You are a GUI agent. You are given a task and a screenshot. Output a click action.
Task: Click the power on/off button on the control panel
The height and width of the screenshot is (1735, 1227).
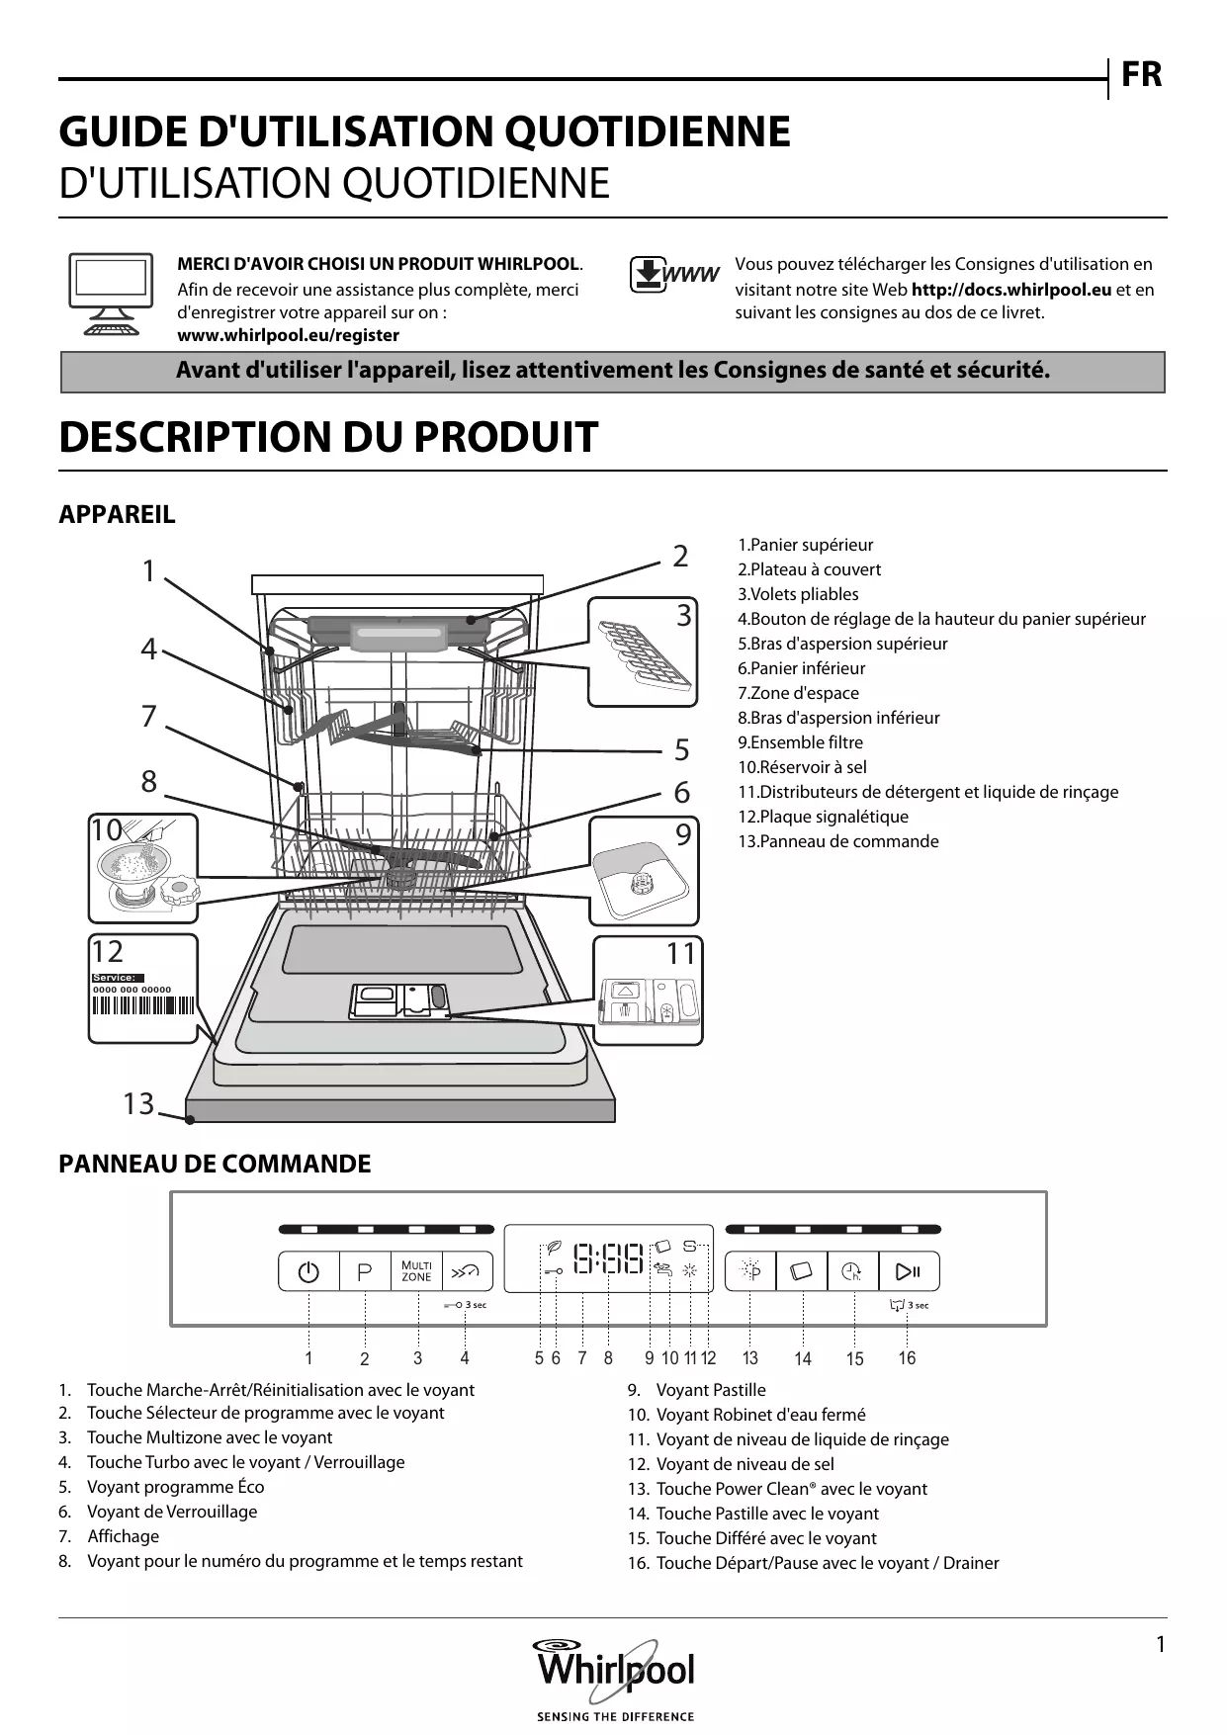[x=308, y=1272]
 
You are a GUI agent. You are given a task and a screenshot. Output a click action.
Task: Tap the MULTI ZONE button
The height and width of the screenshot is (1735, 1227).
[x=416, y=1272]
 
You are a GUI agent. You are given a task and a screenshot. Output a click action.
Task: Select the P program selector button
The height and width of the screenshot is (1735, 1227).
[x=364, y=1272]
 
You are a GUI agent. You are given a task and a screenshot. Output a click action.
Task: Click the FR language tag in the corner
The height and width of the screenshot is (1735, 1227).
[x=1142, y=75]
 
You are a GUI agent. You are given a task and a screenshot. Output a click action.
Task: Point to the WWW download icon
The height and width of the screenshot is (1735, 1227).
[x=673, y=276]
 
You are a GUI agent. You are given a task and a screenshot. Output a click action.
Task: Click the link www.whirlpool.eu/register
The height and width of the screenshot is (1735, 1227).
[x=288, y=335]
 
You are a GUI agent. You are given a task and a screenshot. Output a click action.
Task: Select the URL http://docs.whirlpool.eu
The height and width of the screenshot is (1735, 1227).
[x=1010, y=290]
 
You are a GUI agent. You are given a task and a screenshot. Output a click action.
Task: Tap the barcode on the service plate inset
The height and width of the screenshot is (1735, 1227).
[x=143, y=1006]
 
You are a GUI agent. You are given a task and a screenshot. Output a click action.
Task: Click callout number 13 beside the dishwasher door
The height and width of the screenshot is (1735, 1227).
[x=138, y=1103]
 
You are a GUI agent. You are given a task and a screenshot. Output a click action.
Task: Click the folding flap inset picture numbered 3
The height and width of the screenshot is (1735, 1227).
[x=643, y=652]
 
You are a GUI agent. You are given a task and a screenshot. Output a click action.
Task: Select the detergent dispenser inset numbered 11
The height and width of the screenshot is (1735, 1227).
[x=649, y=992]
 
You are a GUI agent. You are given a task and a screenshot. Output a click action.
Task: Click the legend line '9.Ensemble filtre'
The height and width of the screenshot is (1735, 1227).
[x=800, y=742]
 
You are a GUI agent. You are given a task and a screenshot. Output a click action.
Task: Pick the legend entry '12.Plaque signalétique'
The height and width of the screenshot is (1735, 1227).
[x=823, y=817]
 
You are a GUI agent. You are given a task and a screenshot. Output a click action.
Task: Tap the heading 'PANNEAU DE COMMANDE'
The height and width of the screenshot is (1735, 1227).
[x=215, y=1165]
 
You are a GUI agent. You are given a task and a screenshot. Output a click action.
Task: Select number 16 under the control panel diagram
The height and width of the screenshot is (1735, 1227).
[x=907, y=1358]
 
